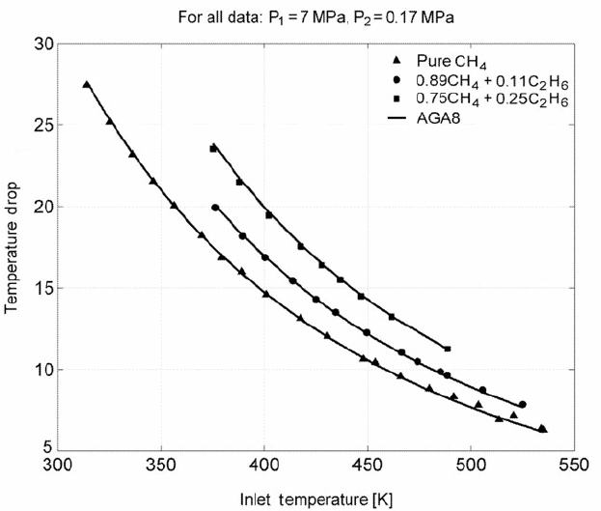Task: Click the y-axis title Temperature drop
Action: pos(14,247)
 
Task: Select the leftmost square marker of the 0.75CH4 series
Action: pos(213,149)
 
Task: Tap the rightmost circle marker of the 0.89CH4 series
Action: pos(522,405)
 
